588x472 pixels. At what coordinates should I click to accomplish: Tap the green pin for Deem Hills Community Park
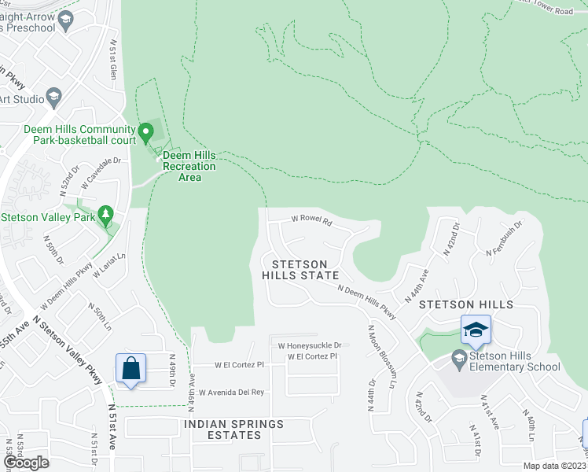[x=145, y=133]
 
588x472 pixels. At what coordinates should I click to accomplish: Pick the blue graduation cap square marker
[x=476, y=330]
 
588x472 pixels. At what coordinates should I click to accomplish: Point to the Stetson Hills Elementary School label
[x=513, y=361]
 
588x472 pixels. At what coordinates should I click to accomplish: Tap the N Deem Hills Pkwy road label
[x=367, y=302]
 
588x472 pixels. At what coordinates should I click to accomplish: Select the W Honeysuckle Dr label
[x=310, y=345]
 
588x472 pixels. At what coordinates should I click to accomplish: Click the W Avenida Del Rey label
[x=231, y=392]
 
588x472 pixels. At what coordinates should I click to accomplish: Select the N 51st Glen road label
[x=113, y=60]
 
